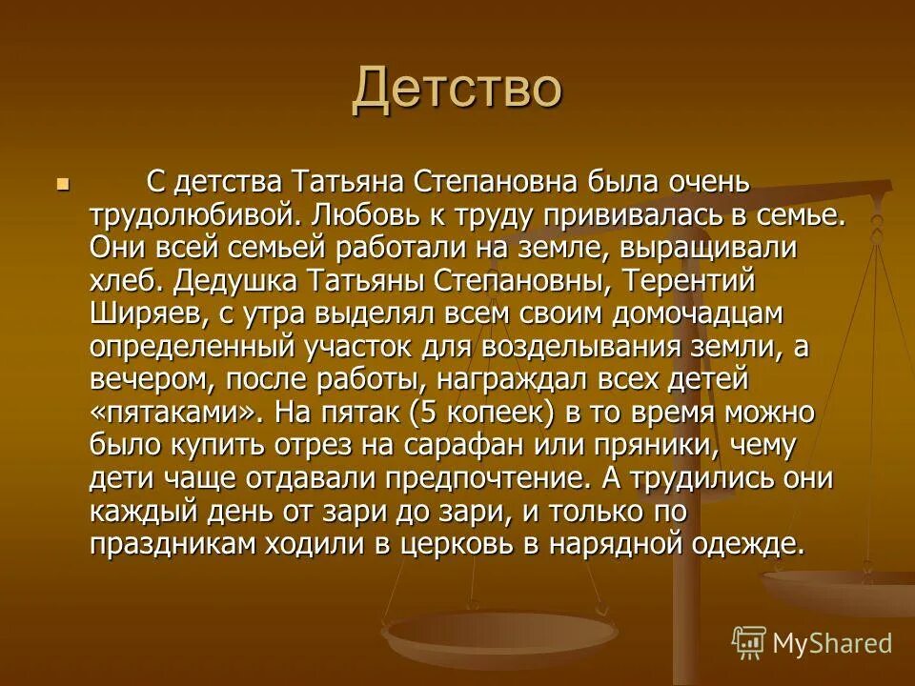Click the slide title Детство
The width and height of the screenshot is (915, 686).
(x=457, y=90)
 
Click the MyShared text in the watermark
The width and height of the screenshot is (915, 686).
(x=832, y=642)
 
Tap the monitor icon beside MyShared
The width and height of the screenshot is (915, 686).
(x=748, y=642)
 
